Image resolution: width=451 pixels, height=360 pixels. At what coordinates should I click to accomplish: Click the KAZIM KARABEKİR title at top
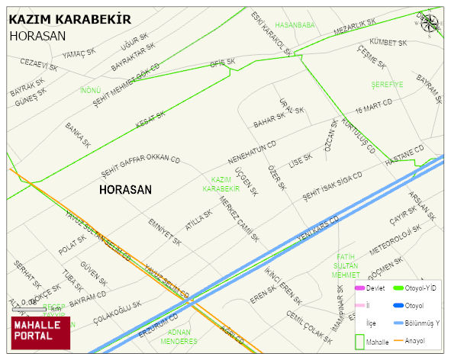[69, 19]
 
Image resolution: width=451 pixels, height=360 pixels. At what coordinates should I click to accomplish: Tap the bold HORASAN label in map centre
[126, 190]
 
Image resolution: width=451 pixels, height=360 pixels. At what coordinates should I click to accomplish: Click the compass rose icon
[431, 23]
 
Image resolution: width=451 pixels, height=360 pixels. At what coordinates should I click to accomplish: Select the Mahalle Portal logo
[40, 333]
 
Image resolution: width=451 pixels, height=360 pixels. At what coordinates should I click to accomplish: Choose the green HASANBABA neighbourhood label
[295, 25]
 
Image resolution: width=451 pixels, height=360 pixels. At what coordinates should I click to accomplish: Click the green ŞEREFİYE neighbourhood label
[387, 85]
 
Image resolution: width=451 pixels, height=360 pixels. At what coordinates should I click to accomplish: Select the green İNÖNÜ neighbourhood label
[91, 91]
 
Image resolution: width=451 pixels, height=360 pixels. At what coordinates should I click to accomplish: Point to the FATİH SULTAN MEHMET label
[346, 265]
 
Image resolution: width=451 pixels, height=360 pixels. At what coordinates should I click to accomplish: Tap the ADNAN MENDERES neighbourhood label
[179, 337]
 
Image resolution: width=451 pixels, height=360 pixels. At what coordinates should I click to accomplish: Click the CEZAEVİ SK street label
[39, 64]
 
